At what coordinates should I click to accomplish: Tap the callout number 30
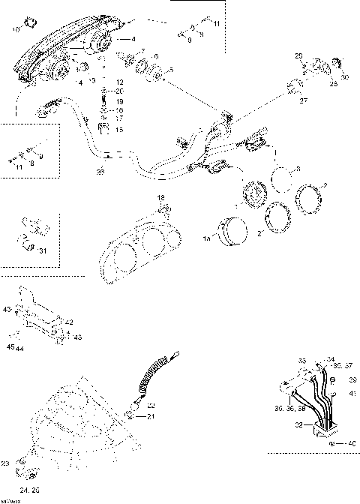pos(344,77)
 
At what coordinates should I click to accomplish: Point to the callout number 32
pos(299,424)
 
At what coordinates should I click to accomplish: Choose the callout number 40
pos(351,443)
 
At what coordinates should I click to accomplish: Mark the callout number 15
pos(118,129)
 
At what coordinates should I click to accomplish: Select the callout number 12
pos(118,80)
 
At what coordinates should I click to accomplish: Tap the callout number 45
pos(10,347)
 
